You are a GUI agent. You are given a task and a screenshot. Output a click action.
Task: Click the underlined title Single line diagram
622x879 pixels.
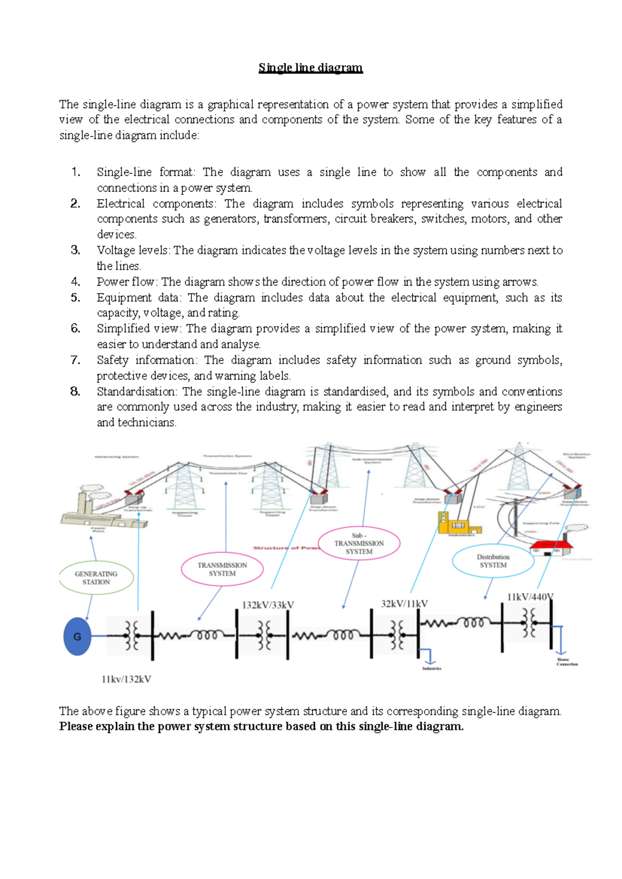coord(310,67)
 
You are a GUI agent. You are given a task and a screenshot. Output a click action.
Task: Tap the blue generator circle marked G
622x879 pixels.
coord(77,636)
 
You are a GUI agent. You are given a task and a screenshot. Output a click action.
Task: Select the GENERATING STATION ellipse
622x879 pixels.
coord(96,578)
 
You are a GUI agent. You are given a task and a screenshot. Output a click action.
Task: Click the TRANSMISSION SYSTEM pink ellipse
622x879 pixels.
coord(222,569)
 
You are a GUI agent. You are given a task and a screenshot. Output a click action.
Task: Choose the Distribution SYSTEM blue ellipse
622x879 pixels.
coord(493,561)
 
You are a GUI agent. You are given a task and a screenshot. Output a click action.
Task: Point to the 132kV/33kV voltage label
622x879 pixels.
coord(267,605)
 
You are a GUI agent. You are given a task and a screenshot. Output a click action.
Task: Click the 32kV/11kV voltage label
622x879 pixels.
coord(404,604)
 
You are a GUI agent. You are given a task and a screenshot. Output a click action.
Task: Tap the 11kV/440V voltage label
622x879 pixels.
coord(530,597)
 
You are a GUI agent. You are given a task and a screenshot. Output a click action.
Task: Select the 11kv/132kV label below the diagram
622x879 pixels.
coord(126,679)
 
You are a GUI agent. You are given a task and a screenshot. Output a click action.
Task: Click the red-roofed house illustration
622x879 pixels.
coord(550,547)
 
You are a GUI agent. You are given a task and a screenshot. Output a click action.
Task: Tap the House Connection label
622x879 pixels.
coord(567,662)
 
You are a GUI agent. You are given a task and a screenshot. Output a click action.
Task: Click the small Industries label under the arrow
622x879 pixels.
coord(431,669)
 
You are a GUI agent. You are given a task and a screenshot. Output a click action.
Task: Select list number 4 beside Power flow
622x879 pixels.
coord(76,282)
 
